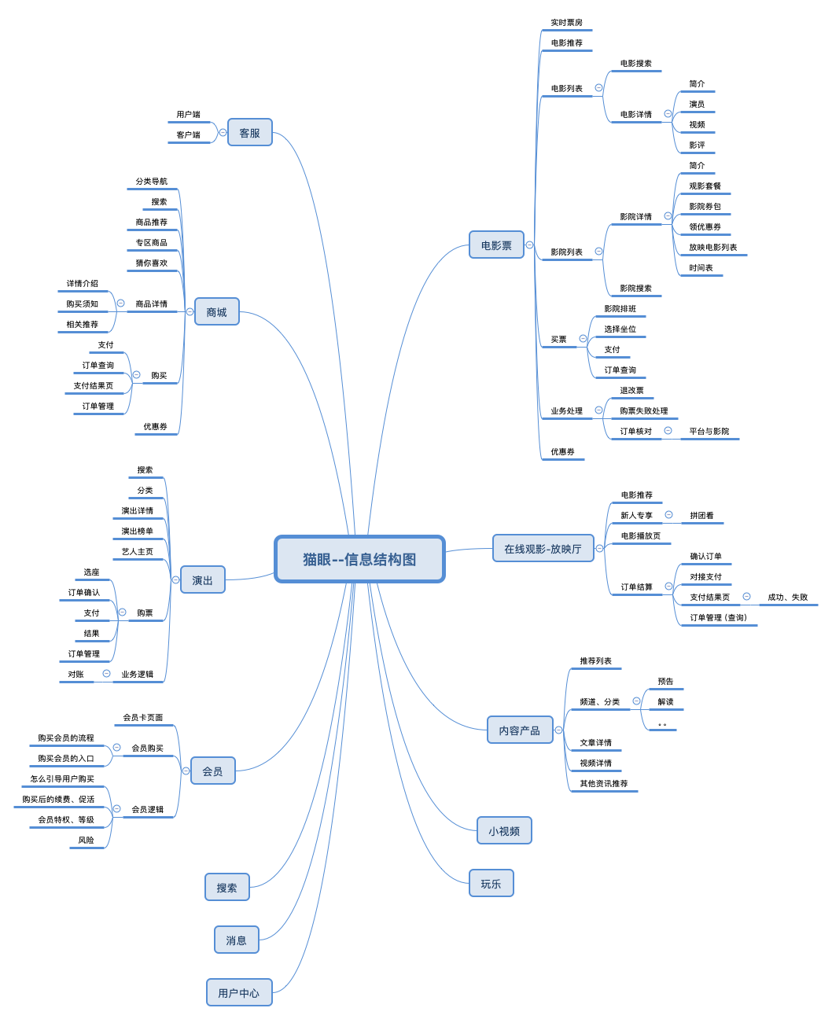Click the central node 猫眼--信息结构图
pyautogui.click(x=359, y=559)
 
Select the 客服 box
pyautogui.click(x=249, y=133)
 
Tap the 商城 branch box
pyautogui.click(x=216, y=312)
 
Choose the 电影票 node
pyautogui.click(x=496, y=245)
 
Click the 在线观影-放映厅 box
pyautogui.click(x=543, y=549)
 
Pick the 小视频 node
pyautogui.click(x=504, y=831)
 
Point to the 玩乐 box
pyautogui.click(x=491, y=884)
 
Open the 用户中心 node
pyautogui.click(x=238, y=993)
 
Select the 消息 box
pyautogui.click(x=236, y=940)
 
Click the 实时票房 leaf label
pyautogui.click(x=566, y=23)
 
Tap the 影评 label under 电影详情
pyautogui.click(x=697, y=145)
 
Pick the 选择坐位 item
pyautogui.click(x=620, y=329)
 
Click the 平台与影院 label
pyautogui.click(x=709, y=432)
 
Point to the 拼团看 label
pyautogui.click(x=701, y=516)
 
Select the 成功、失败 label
pyautogui.click(x=787, y=598)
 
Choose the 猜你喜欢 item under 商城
pyautogui.click(x=151, y=263)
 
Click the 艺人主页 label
pyautogui.click(x=137, y=552)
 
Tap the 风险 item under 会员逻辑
pyautogui.click(x=86, y=841)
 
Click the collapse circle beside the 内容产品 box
pyautogui.click(x=558, y=730)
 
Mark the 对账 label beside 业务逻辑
pyautogui.click(x=75, y=675)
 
